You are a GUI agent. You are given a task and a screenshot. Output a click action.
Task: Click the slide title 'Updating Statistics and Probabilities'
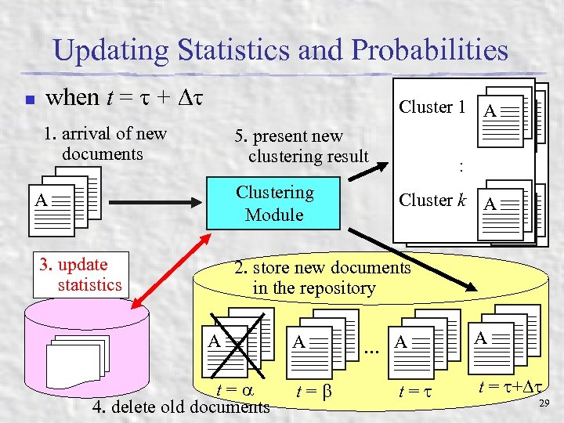(x=281, y=51)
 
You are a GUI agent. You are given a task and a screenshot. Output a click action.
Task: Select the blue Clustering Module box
(x=273, y=203)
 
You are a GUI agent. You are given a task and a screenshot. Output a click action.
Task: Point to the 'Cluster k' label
(x=432, y=200)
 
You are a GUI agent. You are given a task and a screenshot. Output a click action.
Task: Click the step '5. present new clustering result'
(x=301, y=146)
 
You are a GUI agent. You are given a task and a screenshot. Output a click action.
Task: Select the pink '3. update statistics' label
(x=81, y=274)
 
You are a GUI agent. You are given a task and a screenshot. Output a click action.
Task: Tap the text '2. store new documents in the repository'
(x=323, y=278)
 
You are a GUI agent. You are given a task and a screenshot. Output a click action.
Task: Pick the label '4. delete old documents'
(x=181, y=407)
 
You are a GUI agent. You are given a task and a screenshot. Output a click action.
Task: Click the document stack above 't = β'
(x=323, y=339)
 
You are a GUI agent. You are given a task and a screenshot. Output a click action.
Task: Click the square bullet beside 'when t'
(x=27, y=100)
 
